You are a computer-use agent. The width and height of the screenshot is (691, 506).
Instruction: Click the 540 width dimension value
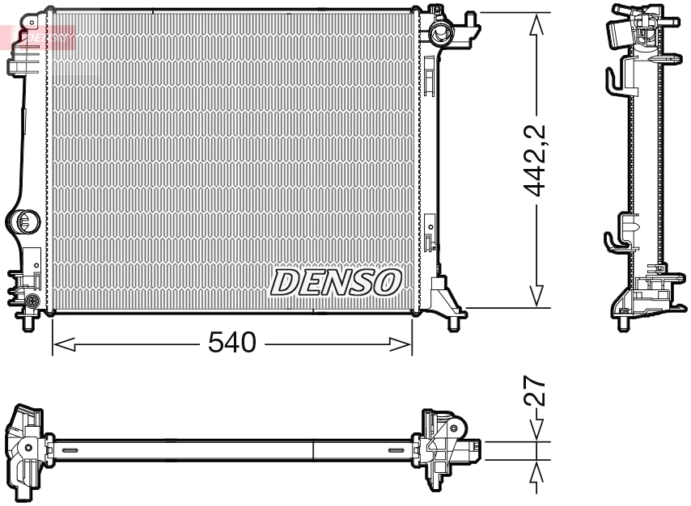(232, 344)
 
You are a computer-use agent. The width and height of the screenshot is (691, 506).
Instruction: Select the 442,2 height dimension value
(534, 161)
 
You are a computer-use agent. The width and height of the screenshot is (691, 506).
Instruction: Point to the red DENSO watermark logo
(40, 36)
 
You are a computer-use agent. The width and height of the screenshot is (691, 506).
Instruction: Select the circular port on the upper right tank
(441, 33)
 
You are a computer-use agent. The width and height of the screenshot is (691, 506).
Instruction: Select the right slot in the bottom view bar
(397, 450)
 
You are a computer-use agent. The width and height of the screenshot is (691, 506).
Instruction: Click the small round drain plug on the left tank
(32, 301)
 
